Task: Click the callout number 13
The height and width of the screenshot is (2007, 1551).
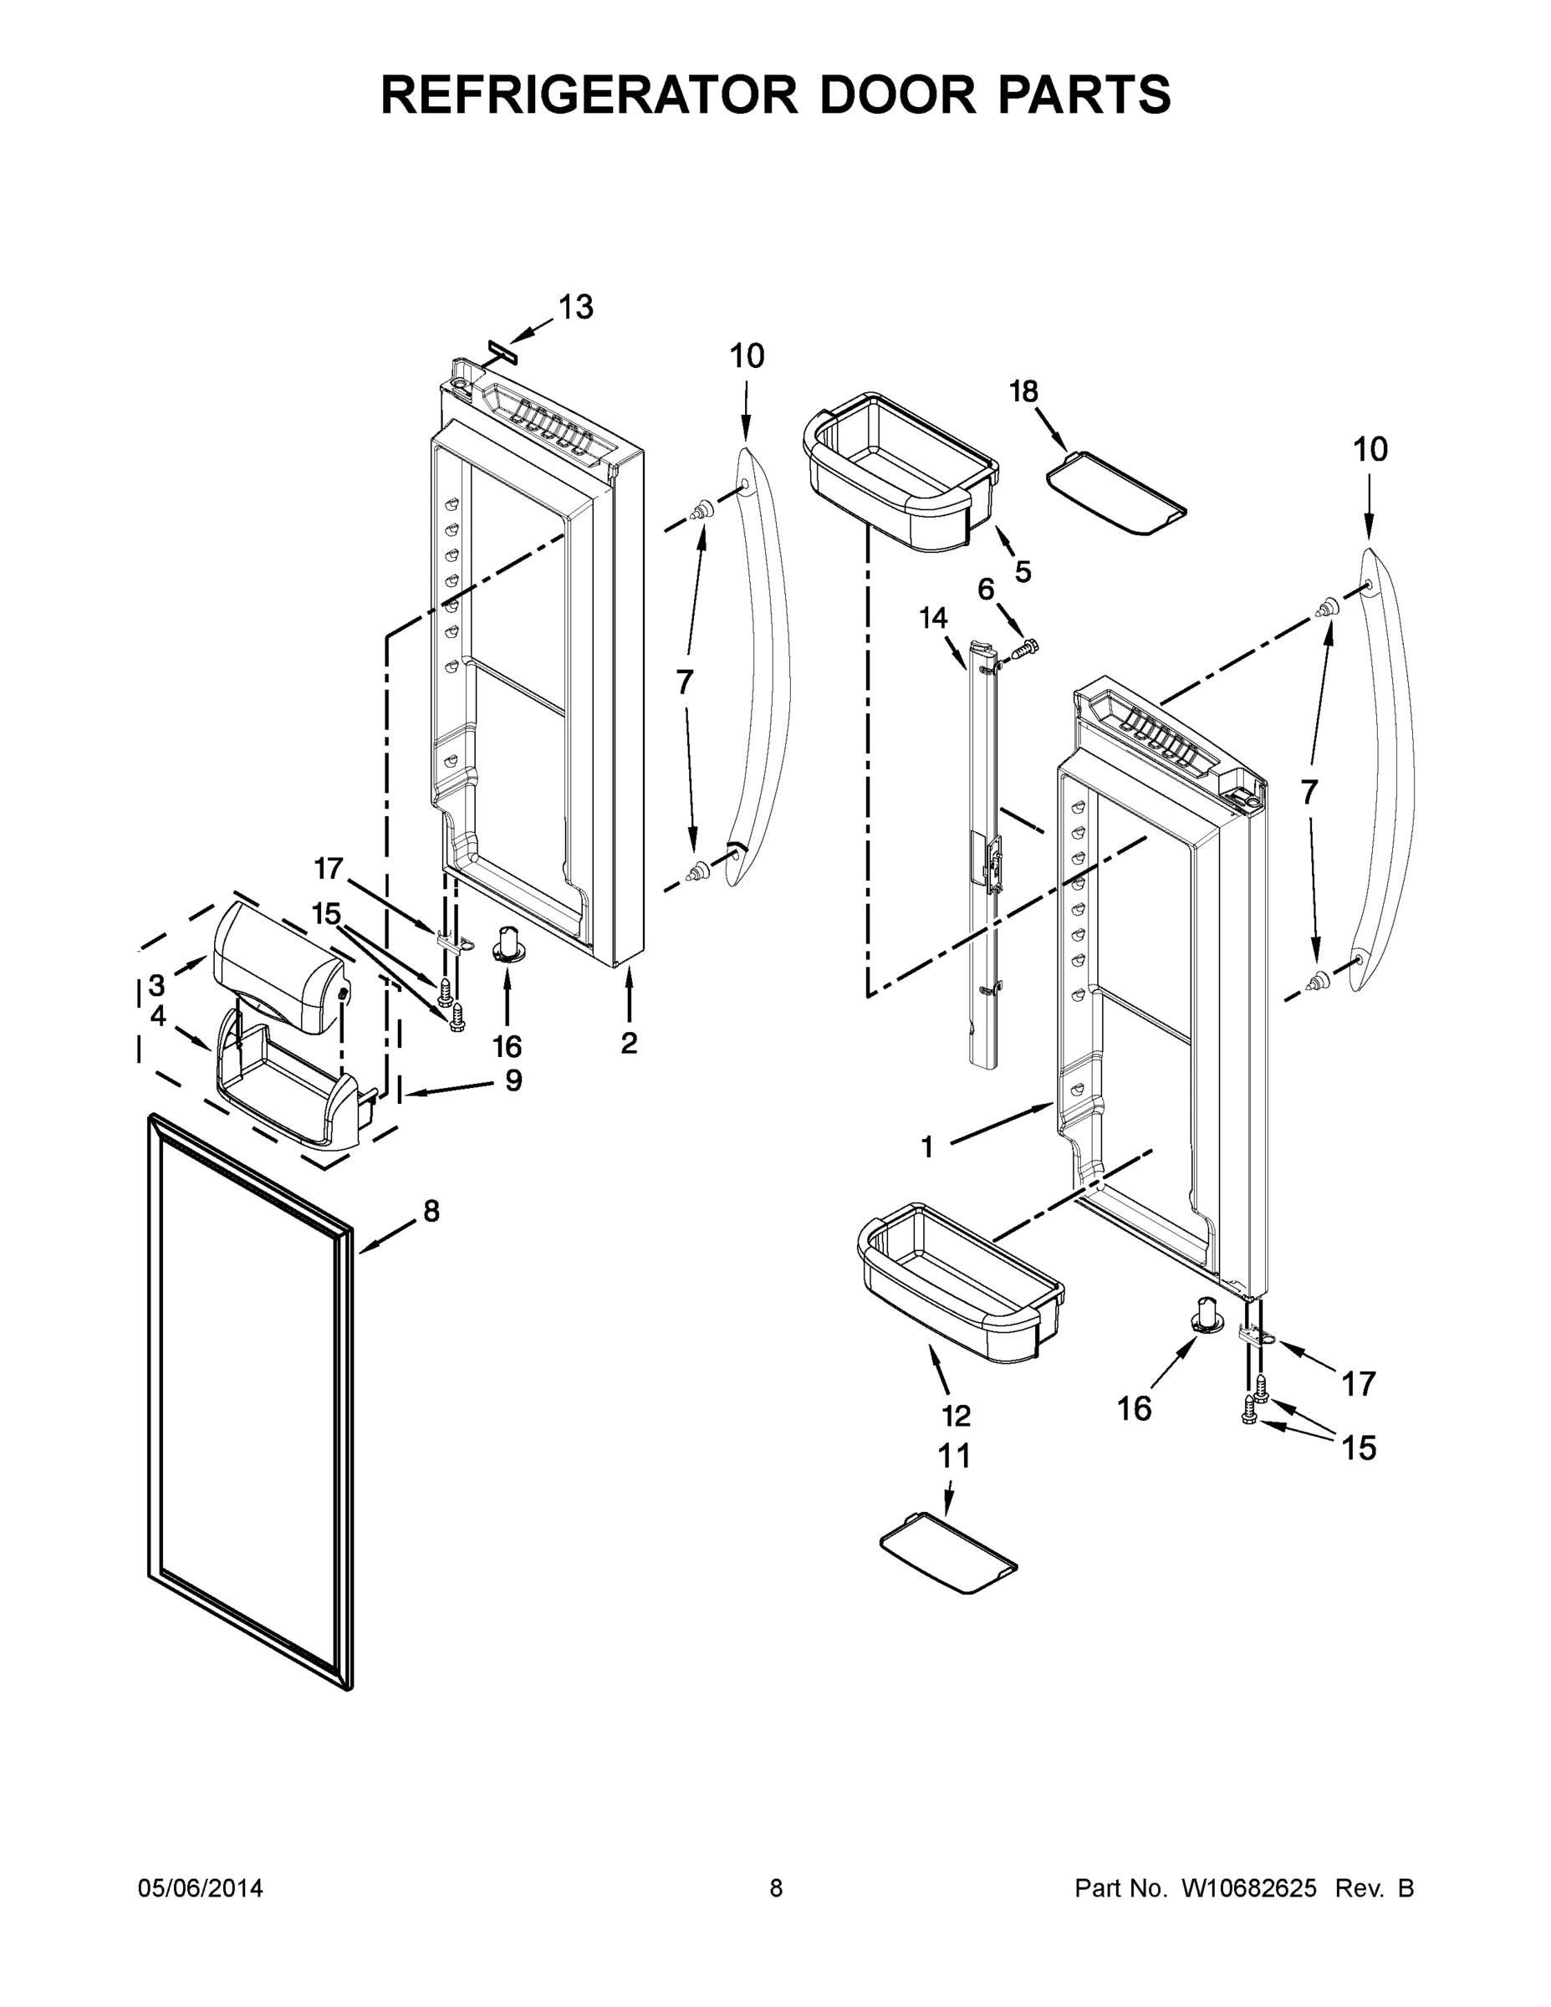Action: [576, 308]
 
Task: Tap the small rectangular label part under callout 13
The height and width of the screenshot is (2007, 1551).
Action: [502, 351]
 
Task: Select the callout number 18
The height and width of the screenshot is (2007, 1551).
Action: [1023, 391]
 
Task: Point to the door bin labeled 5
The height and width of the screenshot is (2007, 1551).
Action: [900, 473]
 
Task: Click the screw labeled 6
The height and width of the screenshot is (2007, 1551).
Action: [1025, 649]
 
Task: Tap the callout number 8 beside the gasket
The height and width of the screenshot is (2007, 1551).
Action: [431, 1211]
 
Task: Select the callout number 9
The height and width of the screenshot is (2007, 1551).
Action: [513, 1080]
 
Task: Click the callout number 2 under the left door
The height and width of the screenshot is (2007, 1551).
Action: [629, 1043]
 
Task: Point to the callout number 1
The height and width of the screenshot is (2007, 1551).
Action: [926, 1146]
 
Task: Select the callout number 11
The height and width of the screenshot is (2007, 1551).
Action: [954, 1456]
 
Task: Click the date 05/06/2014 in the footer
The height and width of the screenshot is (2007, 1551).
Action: [201, 1888]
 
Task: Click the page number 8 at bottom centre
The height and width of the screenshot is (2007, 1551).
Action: [776, 1888]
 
